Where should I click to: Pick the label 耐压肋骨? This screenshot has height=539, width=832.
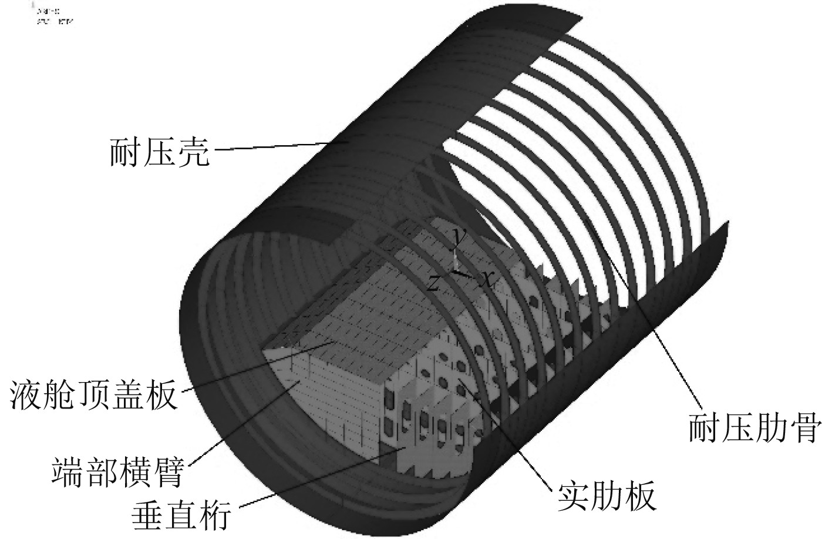pos(754,428)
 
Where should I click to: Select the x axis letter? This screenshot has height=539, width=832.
pos(486,279)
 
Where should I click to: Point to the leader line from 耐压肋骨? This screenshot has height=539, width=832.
pos(658,329)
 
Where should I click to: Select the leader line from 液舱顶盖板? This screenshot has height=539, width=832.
pos(258,364)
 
